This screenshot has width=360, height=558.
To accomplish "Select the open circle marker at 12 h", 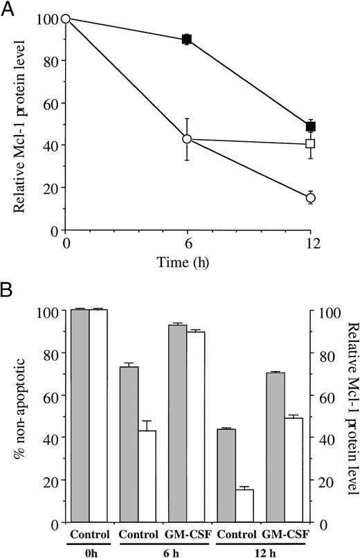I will tap(310, 198).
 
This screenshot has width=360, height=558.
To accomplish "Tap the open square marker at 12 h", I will tap(310, 144).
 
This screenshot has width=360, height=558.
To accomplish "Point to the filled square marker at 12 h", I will tap(310, 126).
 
